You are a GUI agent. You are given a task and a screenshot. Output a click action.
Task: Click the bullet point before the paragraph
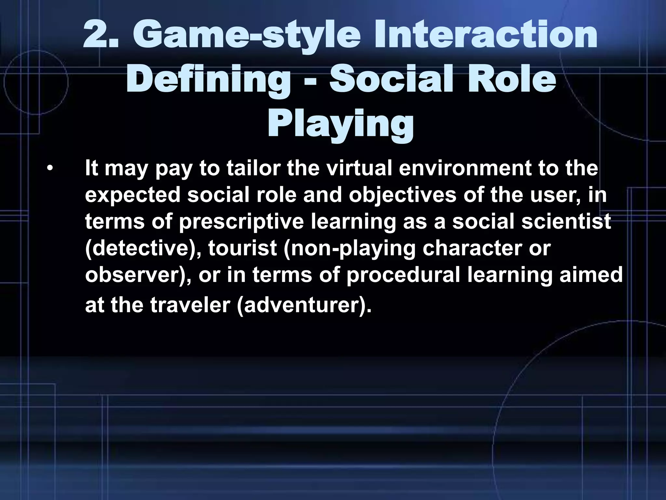(49, 169)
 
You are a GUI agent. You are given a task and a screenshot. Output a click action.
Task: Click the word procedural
(403, 275)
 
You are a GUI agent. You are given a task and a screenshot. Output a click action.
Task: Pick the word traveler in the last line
(190, 305)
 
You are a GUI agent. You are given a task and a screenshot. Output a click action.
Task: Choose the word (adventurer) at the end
(304, 306)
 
